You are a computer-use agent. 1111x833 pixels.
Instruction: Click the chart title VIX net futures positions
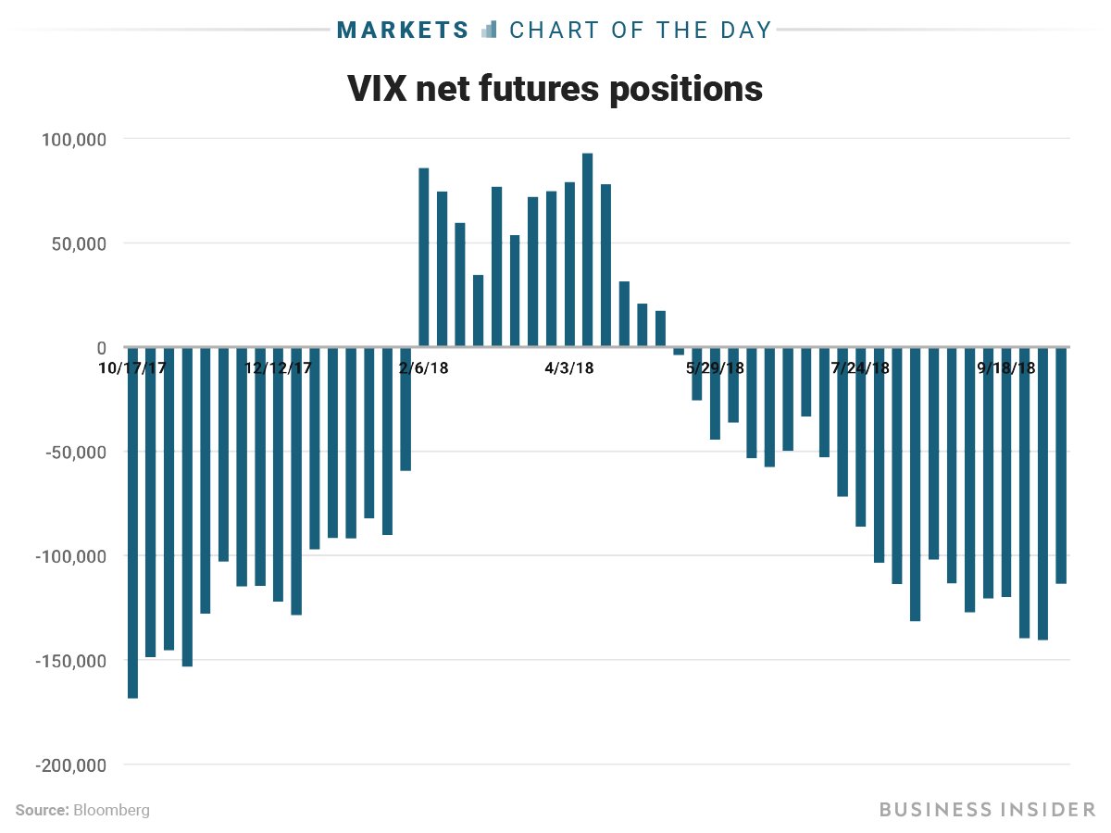coord(555,89)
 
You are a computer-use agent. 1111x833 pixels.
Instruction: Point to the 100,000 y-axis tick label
coord(75,139)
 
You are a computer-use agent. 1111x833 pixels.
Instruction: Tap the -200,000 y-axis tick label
coord(71,765)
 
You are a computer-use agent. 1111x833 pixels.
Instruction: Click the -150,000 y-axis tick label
coord(71,661)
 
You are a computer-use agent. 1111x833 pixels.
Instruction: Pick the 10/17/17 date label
coord(131,367)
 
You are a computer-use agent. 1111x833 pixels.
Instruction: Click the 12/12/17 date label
coord(278,367)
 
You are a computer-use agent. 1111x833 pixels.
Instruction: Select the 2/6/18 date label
coord(424,367)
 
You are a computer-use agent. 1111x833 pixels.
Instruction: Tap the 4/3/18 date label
coord(569,367)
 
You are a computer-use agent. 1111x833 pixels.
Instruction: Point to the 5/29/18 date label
coord(715,367)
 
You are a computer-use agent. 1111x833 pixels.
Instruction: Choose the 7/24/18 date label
coord(861,367)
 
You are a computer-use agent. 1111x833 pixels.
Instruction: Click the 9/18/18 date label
coord(1006,367)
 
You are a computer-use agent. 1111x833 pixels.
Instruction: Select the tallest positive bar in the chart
coord(587,250)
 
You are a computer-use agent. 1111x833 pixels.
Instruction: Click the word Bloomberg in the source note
coord(111,810)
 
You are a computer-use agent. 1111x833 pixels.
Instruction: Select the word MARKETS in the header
coord(404,30)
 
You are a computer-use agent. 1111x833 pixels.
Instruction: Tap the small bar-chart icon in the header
coord(490,30)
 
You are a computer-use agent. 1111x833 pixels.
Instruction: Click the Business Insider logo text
coord(987,810)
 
